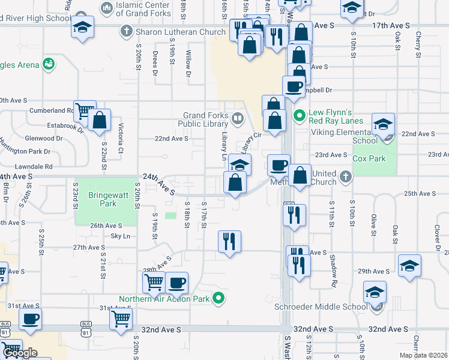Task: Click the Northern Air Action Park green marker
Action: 220,298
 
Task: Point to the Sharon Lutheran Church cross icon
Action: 126,31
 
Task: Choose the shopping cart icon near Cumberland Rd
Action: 85,111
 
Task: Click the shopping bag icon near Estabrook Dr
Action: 100,120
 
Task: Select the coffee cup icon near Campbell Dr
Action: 294,87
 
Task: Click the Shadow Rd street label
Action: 332,264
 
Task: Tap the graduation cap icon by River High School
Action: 82,27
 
